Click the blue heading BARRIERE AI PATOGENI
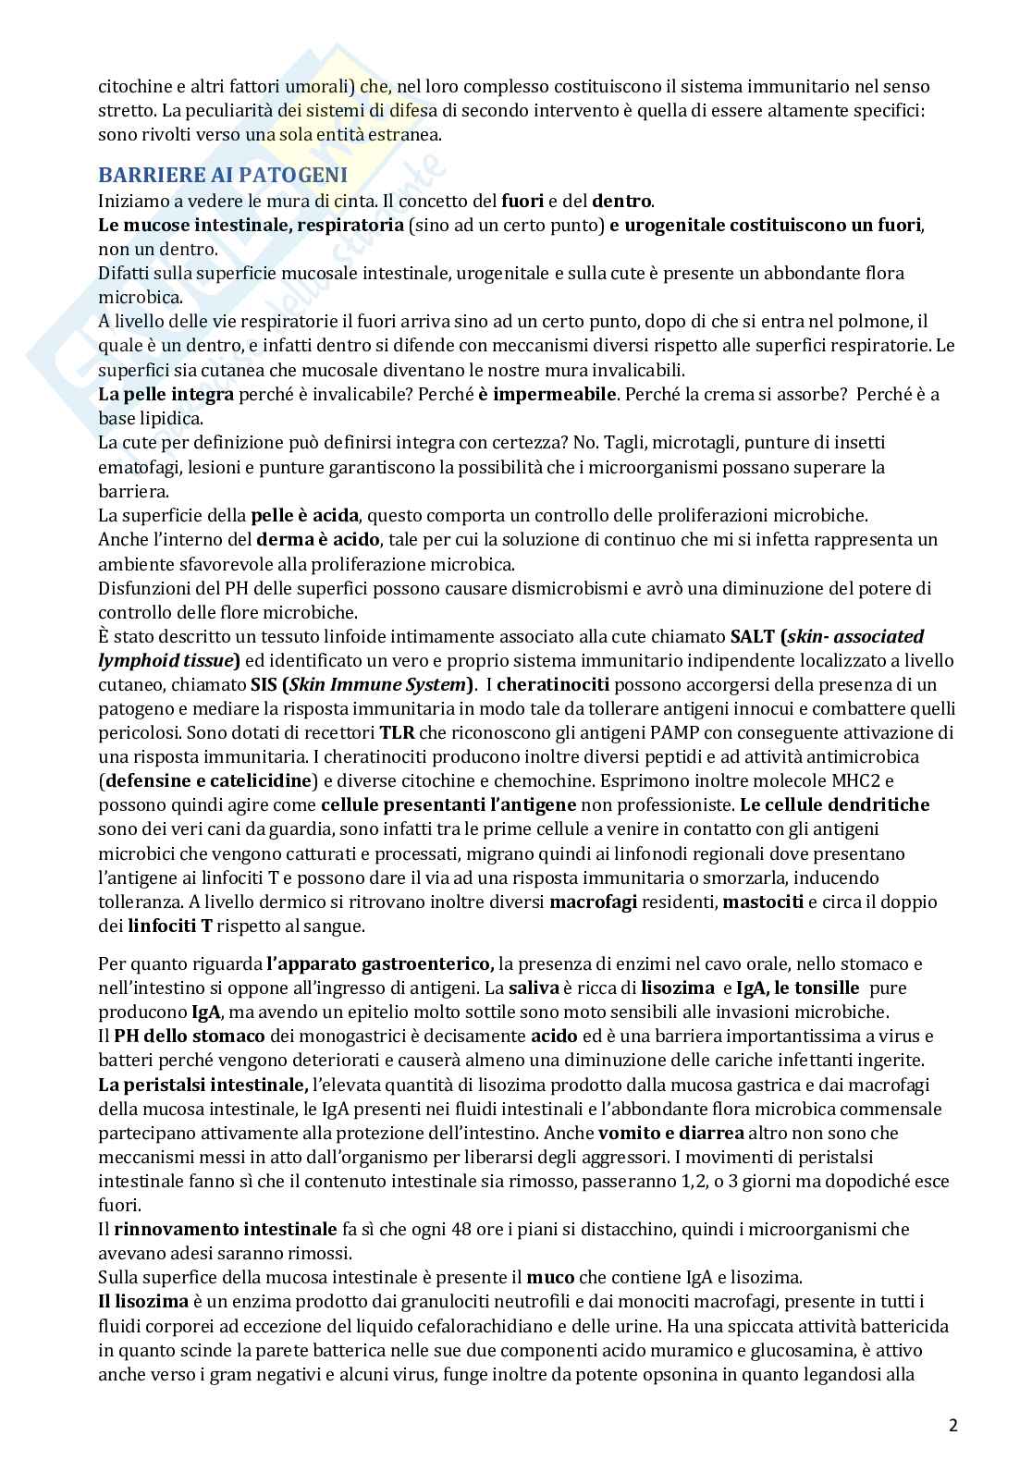click(x=223, y=176)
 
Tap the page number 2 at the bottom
click(x=953, y=1425)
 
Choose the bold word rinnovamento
click(x=174, y=1229)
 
